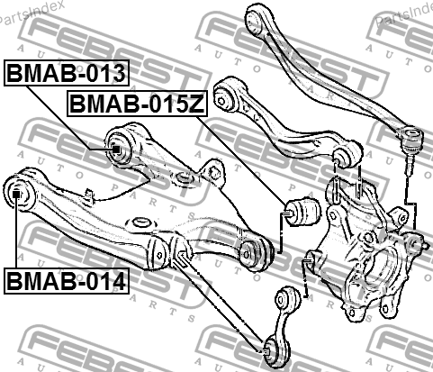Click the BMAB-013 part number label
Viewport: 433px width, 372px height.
click(67, 73)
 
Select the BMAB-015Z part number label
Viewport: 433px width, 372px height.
click(138, 103)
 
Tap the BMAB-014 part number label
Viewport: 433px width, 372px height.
click(67, 281)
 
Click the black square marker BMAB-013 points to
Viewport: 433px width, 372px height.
click(116, 150)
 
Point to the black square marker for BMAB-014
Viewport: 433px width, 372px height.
click(16, 195)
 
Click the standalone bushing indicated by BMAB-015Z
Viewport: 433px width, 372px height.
click(302, 211)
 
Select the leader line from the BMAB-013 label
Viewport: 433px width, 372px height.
click(69, 118)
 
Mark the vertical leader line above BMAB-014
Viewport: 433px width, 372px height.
click(15, 233)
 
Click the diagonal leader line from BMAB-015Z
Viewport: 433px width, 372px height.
click(240, 161)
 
